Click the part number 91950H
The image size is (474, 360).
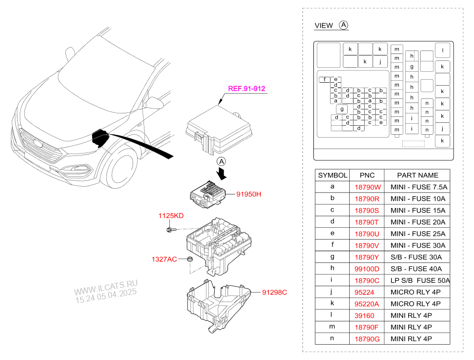click(x=248, y=195)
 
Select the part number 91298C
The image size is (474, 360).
click(x=275, y=292)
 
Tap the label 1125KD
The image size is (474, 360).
click(x=171, y=216)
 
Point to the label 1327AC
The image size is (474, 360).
click(x=164, y=259)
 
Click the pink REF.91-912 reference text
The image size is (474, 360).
click(x=246, y=89)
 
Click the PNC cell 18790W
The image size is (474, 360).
click(x=367, y=187)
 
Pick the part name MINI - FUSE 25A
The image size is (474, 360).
click(x=418, y=234)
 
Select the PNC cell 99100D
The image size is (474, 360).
click(x=367, y=269)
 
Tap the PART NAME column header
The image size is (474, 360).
click(x=418, y=175)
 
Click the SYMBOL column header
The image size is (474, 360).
click(x=332, y=175)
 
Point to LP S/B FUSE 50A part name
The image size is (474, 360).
click(x=420, y=280)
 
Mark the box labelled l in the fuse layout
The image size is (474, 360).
click(x=442, y=50)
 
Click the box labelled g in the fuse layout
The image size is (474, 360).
click(x=341, y=109)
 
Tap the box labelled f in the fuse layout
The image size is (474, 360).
click(x=325, y=80)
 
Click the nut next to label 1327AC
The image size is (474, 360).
click(x=190, y=259)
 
